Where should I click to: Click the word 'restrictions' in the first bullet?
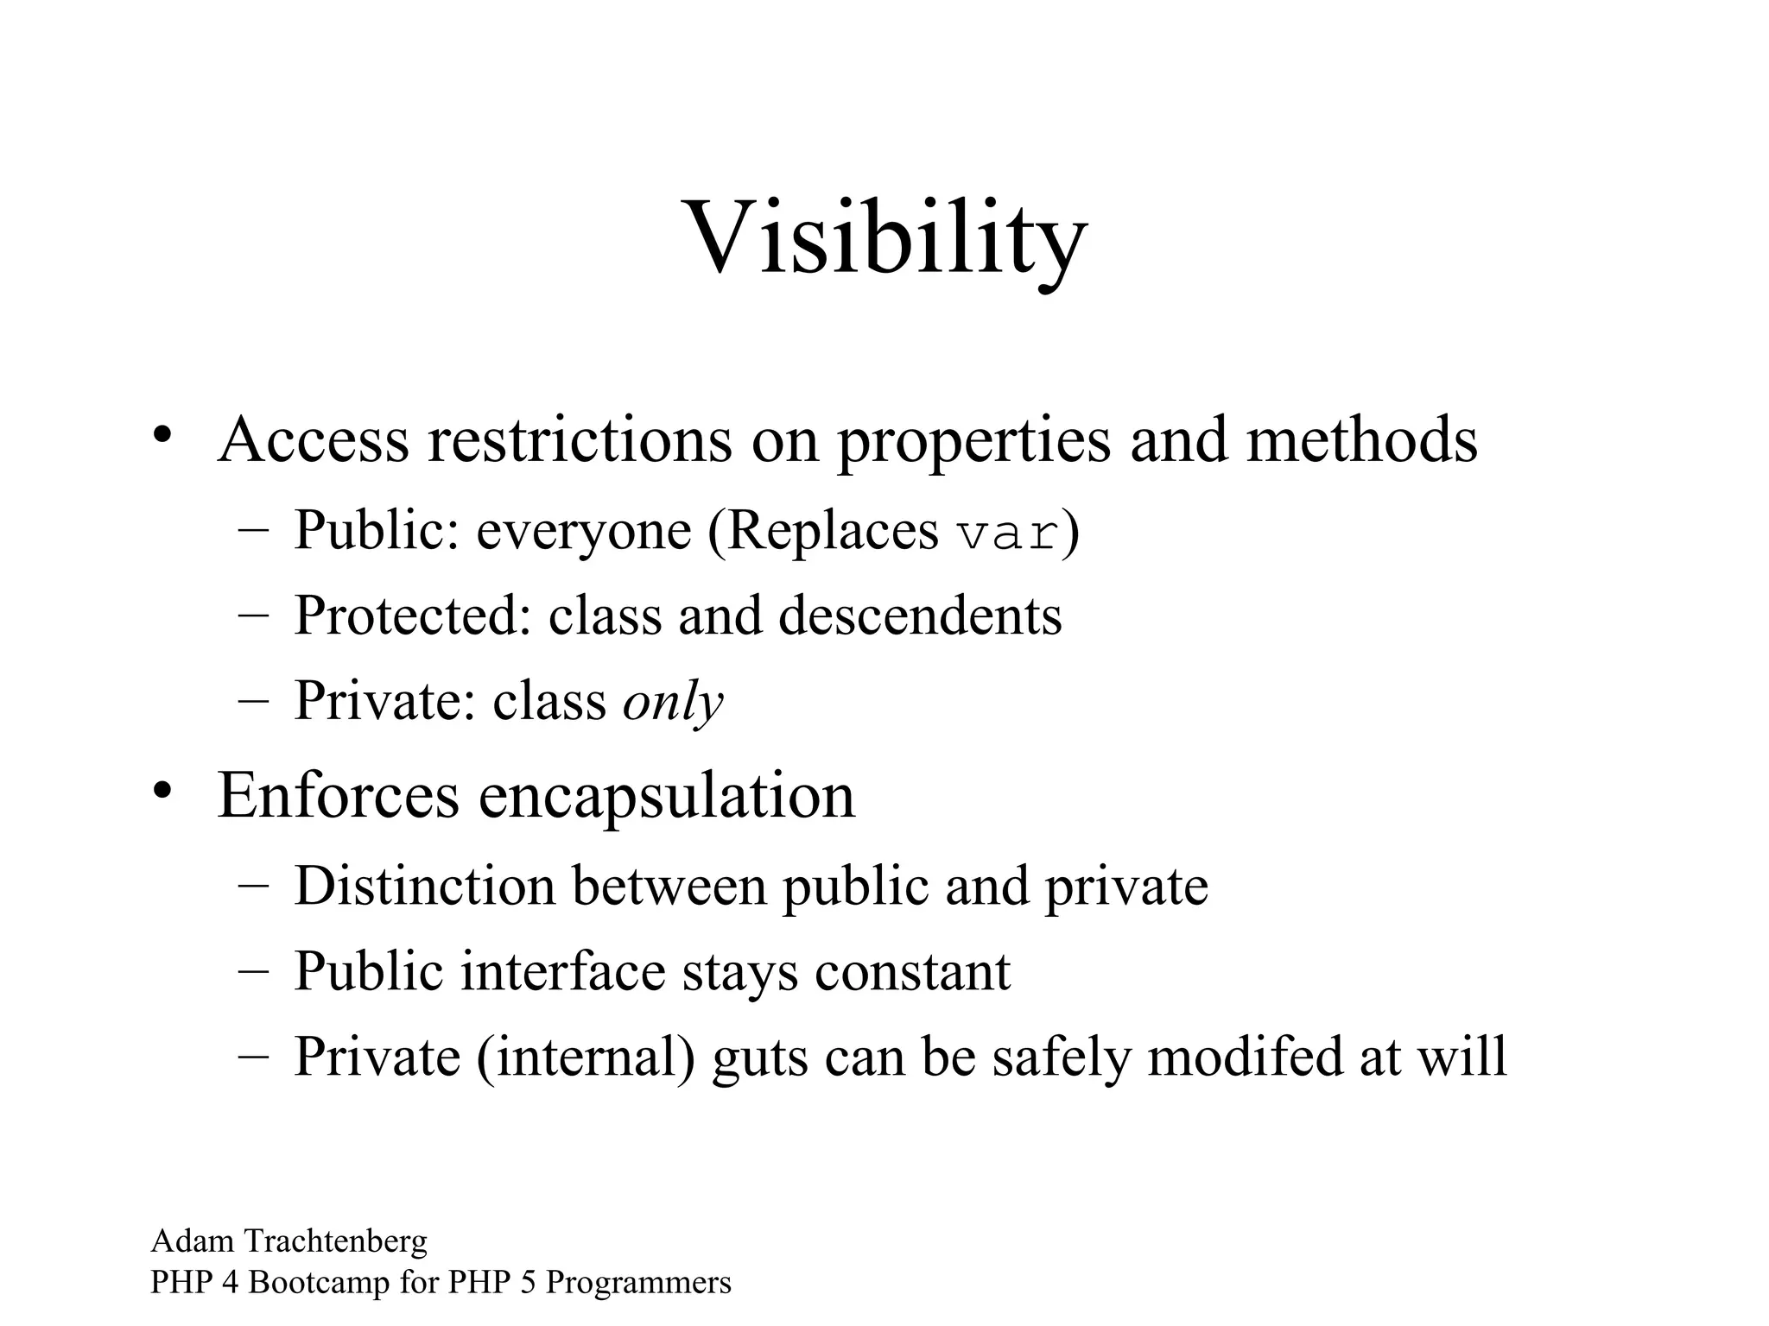[x=579, y=440]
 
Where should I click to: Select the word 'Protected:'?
[x=413, y=616]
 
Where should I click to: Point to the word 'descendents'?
[x=919, y=616]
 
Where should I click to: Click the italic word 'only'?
[x=673, y=701]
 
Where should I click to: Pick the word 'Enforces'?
[x=338, y=795]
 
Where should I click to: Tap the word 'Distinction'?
[x=424, y=886]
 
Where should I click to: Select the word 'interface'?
[x=562, y=971]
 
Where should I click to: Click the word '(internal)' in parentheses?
[x=586, y=1058]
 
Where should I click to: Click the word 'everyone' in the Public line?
[x=584, y=532]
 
